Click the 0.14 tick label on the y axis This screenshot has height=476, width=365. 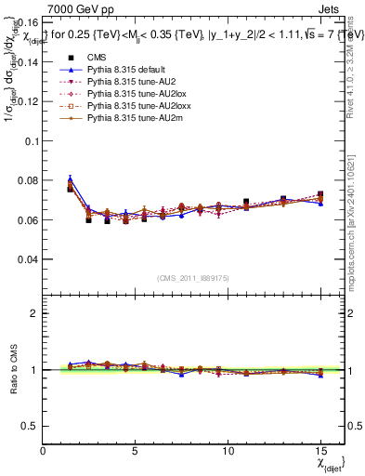coord(27,62)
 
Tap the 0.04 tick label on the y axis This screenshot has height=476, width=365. coord(27,259)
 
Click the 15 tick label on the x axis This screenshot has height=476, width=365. coord(320,450)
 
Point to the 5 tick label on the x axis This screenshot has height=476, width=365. coord(136,450)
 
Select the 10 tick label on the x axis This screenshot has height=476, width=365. coord(228,450)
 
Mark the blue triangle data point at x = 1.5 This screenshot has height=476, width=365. coord(71,178)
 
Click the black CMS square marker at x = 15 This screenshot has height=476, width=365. coord(320,194)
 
